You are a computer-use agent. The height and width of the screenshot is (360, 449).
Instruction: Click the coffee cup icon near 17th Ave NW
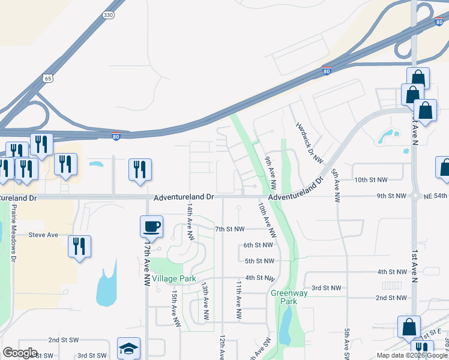point(151,227)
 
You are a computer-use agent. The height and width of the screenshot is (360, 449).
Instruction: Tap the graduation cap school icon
point(128,348)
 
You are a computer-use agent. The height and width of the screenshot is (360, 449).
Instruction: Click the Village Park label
point(174,279)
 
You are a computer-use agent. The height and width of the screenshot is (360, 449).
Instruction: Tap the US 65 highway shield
point(49,77)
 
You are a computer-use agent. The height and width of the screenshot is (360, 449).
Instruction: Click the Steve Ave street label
point(43,235)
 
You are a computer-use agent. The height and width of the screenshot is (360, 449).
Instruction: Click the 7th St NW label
point(231,229)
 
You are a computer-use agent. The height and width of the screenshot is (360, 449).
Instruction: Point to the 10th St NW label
point(370,179)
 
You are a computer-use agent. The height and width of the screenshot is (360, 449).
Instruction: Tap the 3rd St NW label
point(326,288)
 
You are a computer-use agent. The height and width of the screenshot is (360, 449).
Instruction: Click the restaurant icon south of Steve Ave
point(79,246)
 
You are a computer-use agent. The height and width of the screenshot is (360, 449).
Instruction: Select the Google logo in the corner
point(20,353)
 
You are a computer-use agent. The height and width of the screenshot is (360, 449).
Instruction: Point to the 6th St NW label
point(258,245)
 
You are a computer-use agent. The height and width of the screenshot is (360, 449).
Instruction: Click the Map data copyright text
point(412,355)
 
